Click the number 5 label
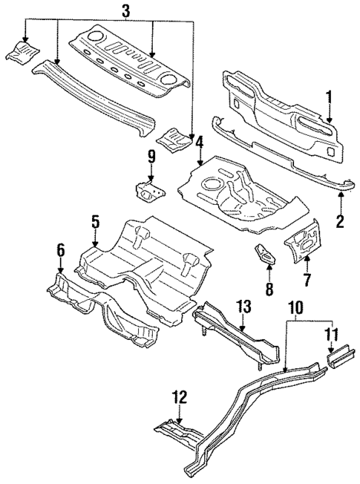pos(95,220)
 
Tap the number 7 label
pos(306,281)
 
